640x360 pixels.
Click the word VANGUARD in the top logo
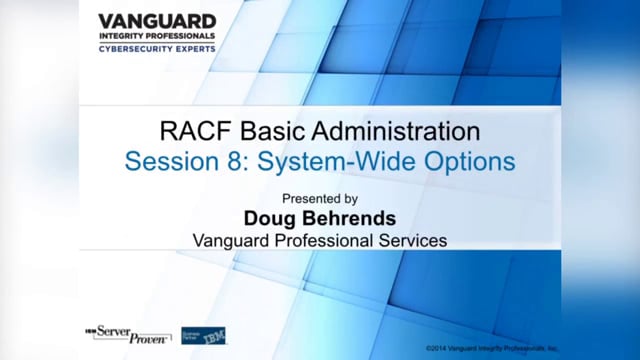(x=157, y=20)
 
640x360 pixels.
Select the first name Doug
(x=269, y=218)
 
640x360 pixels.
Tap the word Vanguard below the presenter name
(x=230, y=240)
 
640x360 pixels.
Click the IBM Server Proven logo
(x=126, y=333)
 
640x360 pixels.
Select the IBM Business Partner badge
(x=203, y=334)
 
